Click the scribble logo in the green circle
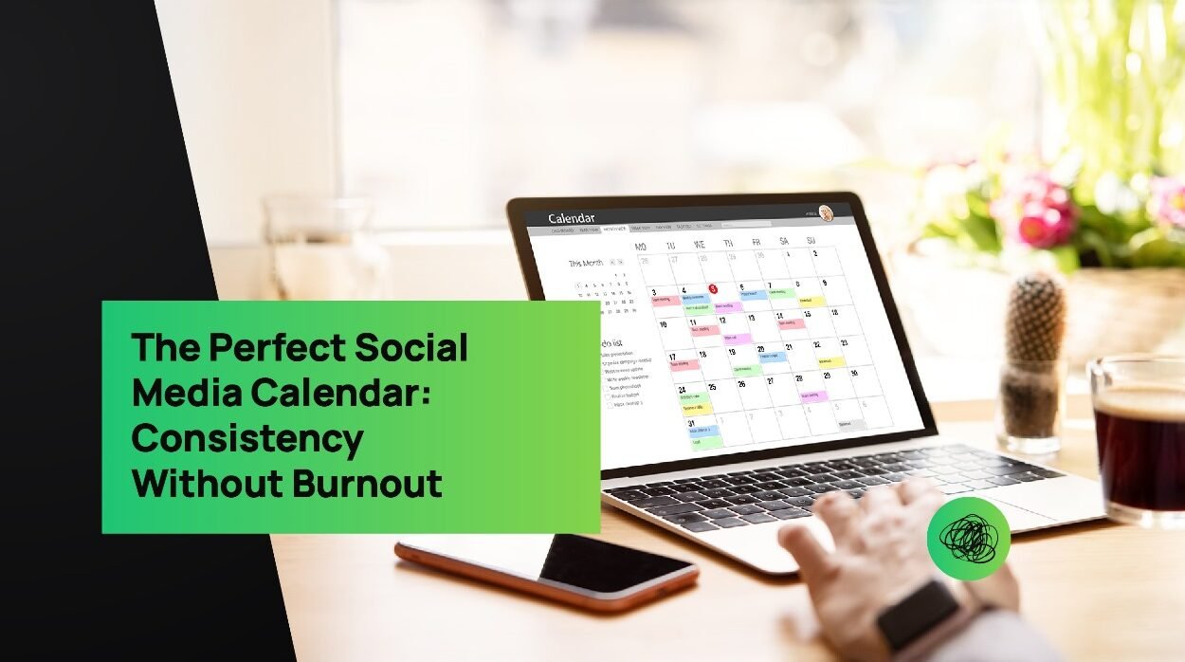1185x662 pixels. click(x=968, y=539)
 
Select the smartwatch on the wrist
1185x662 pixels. click(x=917, y=614)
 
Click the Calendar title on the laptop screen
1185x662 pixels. click(x=572, y=219)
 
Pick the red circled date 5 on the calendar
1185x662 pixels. click(x=713, y=288)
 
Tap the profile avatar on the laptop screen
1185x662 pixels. click(x=827, y=212)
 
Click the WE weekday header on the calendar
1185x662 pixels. click(x=700, y=245)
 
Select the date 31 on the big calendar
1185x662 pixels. click(x=692, y=423)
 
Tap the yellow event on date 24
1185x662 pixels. click(x=697, y=409)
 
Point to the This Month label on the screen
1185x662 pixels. click(x=586, y=263)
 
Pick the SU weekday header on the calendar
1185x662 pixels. click(x=811, y=241)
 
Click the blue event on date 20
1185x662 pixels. click(x=772, y=358)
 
